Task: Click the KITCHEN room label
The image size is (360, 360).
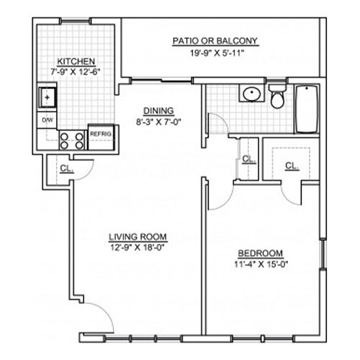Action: coord(76,61)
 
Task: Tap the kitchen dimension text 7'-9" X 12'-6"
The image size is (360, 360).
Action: coord(75,72)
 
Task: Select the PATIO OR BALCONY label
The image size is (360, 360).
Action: coord(215,41)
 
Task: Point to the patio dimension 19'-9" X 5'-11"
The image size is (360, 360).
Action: coord(217,53)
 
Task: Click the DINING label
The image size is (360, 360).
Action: coord(158,111)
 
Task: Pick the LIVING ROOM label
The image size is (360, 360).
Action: coord(138,237)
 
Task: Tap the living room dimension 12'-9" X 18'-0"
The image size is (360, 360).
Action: coord(138,248)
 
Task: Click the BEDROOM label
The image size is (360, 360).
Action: coord(261,253)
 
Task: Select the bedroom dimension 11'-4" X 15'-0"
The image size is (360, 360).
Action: coord(261,264)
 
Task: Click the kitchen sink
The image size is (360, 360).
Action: coord(48,97)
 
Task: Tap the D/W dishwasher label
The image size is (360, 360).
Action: coord(48,120)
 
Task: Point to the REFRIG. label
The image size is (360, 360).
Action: coord(101,134)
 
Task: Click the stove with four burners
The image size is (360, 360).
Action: coord(72,140)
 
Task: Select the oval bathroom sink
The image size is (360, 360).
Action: coord(252,93)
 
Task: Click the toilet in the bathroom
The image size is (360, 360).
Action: coord(277,96)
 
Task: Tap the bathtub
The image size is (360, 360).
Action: coord(307,109)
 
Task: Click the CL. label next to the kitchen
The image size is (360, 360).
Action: coord(66,168)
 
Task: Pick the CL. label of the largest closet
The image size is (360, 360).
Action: coord(292,166)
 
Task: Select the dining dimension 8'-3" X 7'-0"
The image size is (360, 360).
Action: coord(158,122)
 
